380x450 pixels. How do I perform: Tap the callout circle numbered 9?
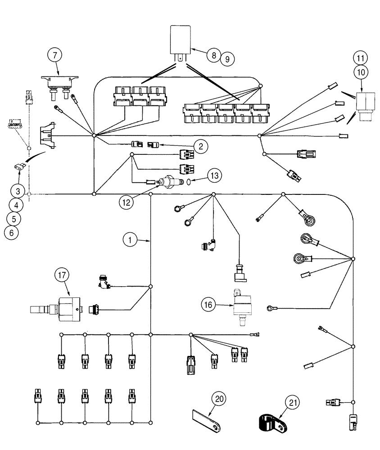point(227,58)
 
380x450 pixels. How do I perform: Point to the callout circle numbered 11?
point(360,58)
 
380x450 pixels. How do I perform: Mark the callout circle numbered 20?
point(220,399)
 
